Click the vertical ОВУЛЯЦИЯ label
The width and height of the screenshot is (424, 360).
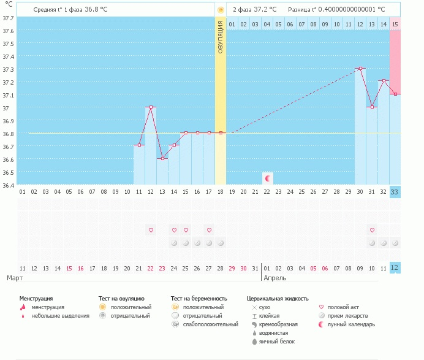[x=221, y=37]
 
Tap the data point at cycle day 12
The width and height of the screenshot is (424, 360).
[x=151, y=107]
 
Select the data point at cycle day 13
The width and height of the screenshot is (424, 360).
[x=162, y=158]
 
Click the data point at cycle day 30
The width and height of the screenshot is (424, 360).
[x=360, y=69]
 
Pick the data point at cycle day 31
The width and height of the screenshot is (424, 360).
[x=372, y=107]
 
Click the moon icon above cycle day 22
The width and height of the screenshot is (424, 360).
[x=267, y=178]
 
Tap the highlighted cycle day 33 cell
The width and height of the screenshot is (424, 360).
[x=395, y=192]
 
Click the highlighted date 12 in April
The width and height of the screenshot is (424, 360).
[x=395, y=268]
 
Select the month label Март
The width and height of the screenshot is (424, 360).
[x=15, y=278]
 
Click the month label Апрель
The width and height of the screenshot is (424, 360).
[x=274, y=278]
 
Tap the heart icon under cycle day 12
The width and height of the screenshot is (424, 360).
[x=151, y=230]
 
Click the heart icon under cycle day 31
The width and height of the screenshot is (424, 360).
[x=372, y=230]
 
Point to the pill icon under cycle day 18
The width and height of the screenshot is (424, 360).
[x=221, y=243]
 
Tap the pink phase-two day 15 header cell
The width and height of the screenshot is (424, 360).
[x=395, y=24]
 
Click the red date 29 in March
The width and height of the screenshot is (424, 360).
[x=232, y=268]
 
